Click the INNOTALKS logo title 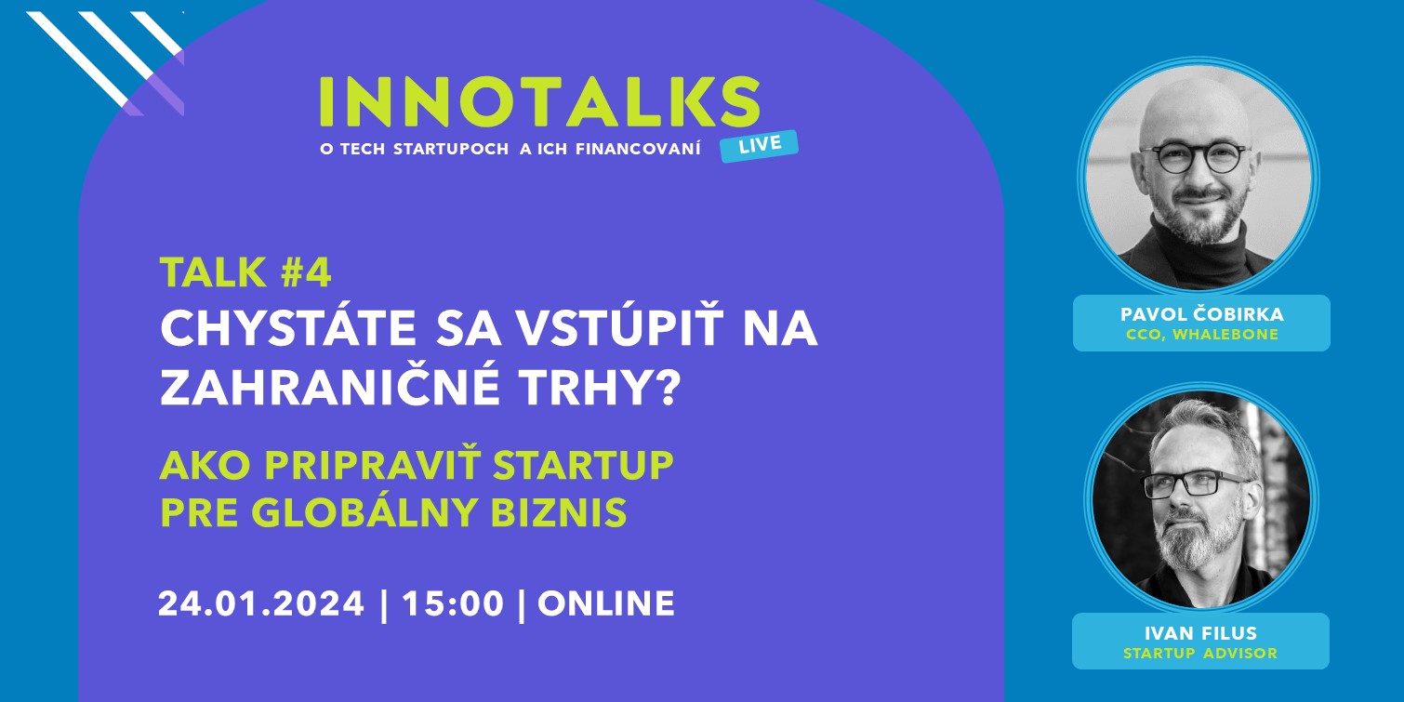pos(539,102)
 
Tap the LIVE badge pos(759,146)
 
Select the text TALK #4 pos(245,272)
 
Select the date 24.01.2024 pos(261,603)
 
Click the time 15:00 pos(453,603)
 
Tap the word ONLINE pos(606,603)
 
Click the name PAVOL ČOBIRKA pos(1201,314)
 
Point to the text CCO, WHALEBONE pos(1201,335)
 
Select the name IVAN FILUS pos(1200,633)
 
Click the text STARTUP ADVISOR pos(1200,653)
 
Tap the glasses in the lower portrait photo pos(1194,483)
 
